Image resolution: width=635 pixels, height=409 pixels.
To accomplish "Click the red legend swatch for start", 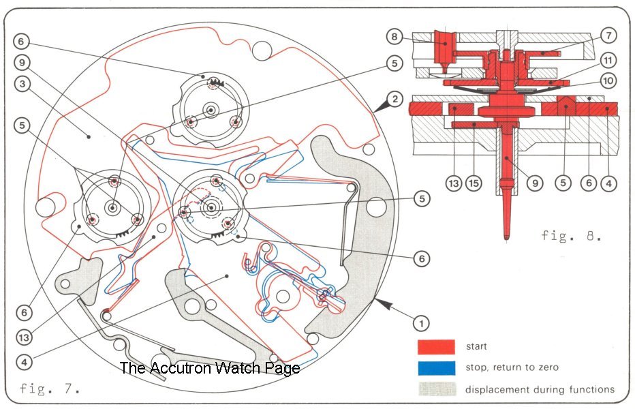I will tap(436, 346).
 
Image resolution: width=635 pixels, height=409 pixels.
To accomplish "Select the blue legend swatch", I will tap(436, 367).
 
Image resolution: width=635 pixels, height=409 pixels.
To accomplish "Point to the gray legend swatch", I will tap(436, 389).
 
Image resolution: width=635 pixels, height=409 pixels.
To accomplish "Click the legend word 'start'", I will tap(477, 346).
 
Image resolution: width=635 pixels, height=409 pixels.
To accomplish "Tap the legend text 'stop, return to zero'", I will tap(512, 367).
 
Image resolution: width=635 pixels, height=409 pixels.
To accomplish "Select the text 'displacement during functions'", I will tap(540, 389).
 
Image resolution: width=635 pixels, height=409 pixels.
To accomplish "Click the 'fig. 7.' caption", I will tap(50, 389).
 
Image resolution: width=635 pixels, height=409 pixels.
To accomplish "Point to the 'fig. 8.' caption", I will tap(571, 236).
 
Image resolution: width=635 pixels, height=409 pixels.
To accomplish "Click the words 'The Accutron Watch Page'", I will tap(209, 368).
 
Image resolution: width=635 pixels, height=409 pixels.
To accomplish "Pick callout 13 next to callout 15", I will tap(454, 183).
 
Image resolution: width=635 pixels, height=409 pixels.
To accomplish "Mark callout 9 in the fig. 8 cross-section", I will tap(535, 183).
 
